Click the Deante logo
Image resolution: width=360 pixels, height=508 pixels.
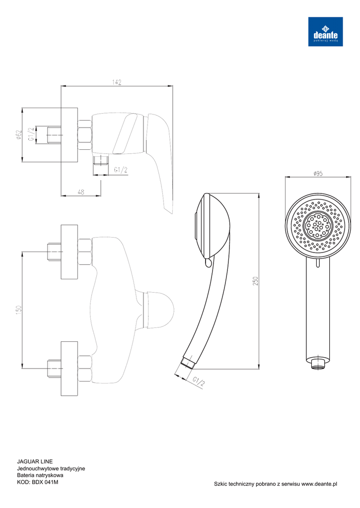[x=325, y=31]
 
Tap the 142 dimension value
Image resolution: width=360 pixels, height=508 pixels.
[x=117, y=82]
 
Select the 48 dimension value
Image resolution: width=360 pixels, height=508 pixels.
[x=81, y=192]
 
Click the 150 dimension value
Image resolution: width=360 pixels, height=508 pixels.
[x=18, y=310]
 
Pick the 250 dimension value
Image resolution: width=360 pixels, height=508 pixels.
[x=255, y=281]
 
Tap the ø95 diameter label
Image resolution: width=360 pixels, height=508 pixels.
[x=318, y=173]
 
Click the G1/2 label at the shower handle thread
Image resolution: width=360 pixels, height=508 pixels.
[x=199, y=382]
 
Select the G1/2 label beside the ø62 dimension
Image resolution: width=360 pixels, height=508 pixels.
[x=31, y=134]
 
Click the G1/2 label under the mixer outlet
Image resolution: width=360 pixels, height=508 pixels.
[x=121, y=170]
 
